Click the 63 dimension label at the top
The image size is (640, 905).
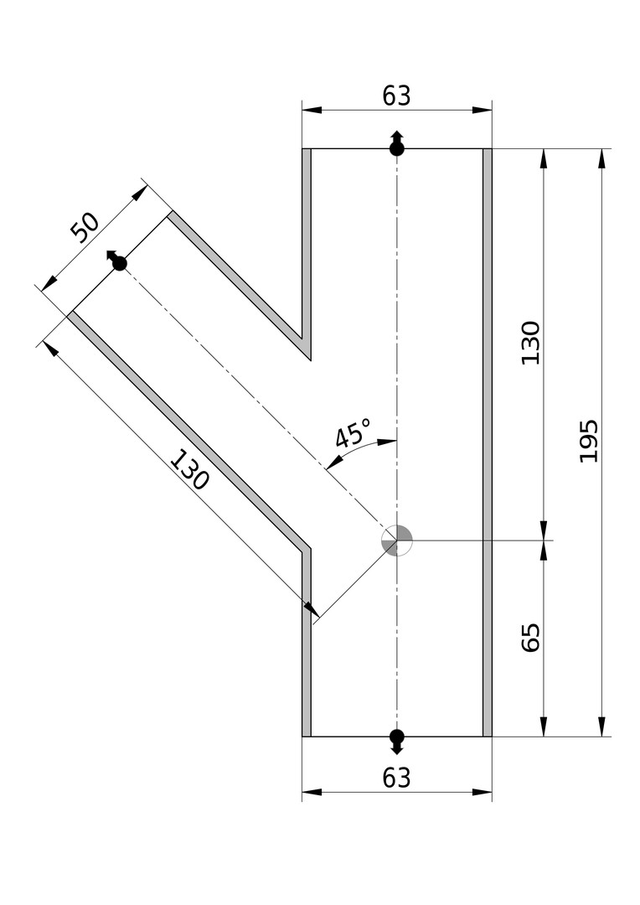click(x=396, y=96)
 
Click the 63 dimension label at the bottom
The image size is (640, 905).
click(x=396, y=778)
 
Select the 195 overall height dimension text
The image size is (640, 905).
click(x=588, y=441)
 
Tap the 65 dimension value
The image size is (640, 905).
click(x=530, y=638)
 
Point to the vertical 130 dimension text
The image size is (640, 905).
click(x=530, y=343)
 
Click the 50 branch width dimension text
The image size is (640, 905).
click(x=85, y=227)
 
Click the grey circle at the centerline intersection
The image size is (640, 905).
click(x=397, y=540)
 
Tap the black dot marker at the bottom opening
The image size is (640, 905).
click(x=396, y=738)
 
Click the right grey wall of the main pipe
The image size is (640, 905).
click(x=488, y=442)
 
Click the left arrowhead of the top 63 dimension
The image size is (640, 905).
click(x=312, y=110)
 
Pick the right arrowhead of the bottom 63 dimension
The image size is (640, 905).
click(x=483, y=792)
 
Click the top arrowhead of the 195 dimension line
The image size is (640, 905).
click(x=602, y=158)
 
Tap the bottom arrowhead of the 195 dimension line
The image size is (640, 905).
click(x=602, y=727)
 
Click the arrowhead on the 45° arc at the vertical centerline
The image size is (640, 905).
click(x=387, y=442)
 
